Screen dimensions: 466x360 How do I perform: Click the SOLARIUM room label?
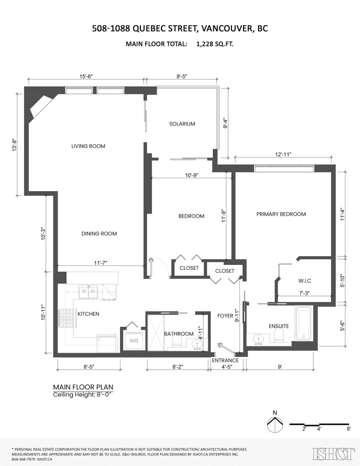click(x=181, y=124)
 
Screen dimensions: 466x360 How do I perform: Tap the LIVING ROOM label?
click(x=88, y=146)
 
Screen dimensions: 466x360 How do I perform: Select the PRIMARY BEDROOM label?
click(x=280, y=214)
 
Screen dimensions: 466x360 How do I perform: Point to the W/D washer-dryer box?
click(x=134, y=341)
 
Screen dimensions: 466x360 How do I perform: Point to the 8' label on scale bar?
click(x=348, y=429)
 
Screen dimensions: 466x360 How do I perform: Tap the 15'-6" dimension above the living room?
click(x=85, y=76)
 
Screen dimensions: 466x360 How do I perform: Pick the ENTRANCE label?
click(x=225, y=360)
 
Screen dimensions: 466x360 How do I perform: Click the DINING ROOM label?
click(x=99, y=233)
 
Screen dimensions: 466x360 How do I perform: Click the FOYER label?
click(x=225, y=315)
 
